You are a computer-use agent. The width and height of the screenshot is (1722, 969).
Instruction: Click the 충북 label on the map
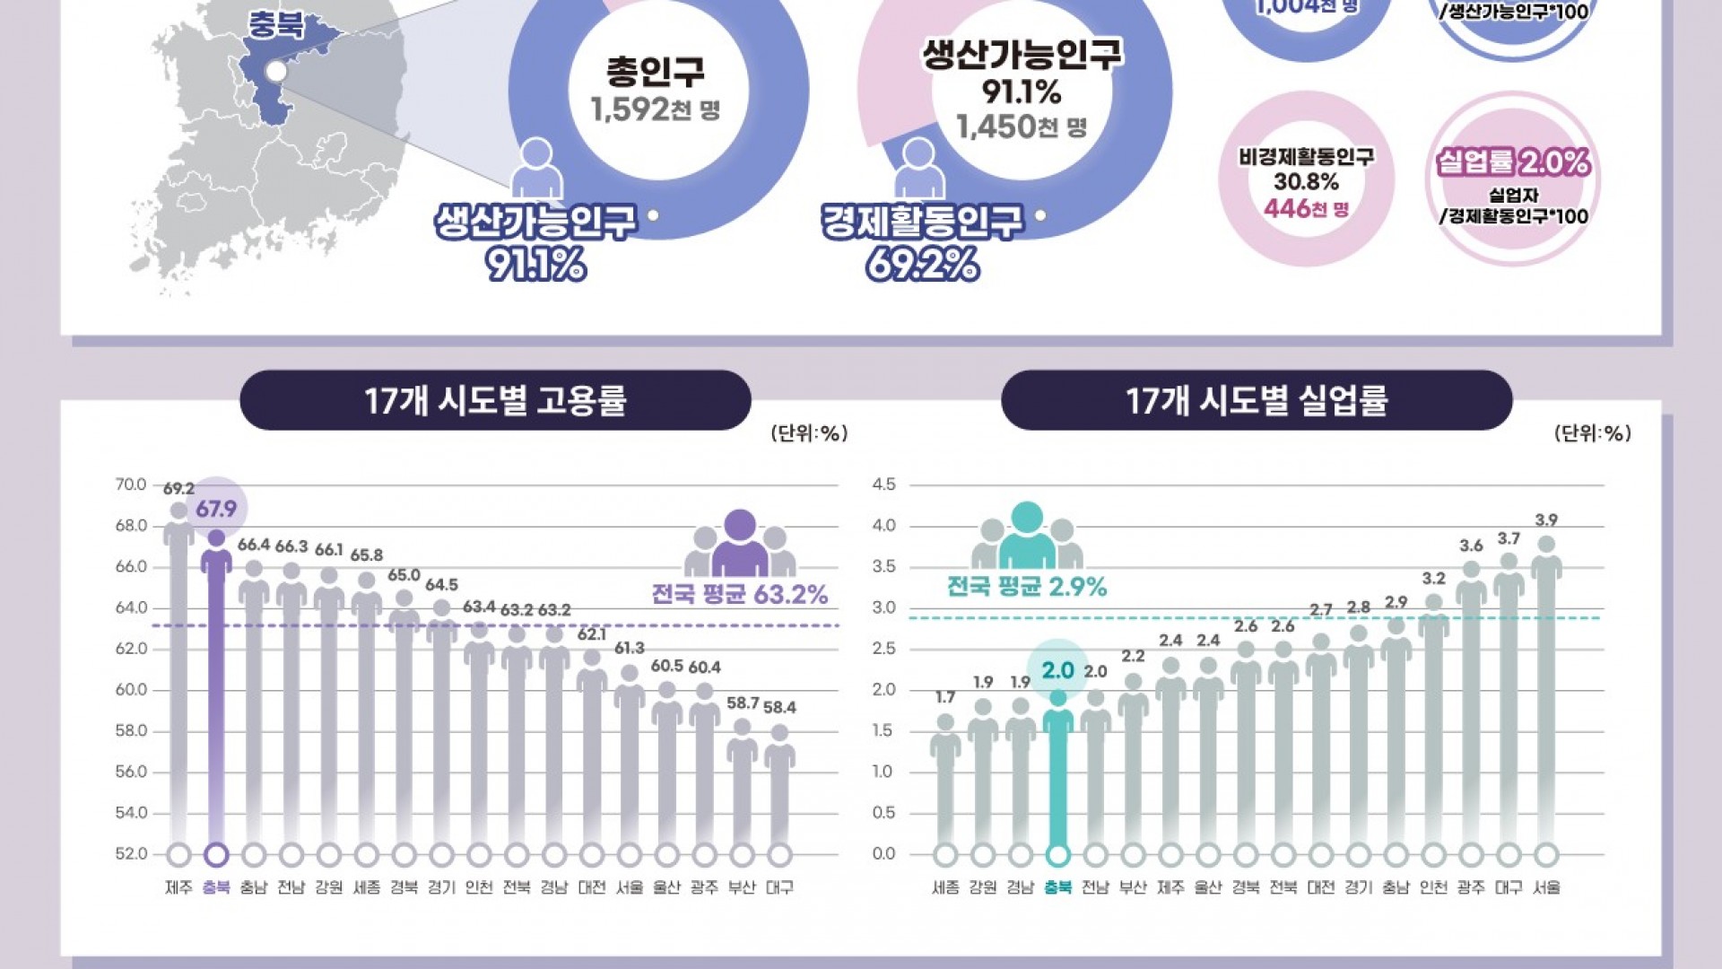[x=276, y=25]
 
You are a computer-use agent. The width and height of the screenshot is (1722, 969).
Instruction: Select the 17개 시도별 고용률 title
[x=495, y=400]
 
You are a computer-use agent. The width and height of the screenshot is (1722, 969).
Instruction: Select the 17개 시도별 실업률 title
[x=1257, y=400]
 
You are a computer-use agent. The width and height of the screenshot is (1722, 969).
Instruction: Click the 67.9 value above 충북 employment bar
[x=216, y=510]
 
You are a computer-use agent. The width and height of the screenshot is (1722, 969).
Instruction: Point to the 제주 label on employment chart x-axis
[x=178, y=887]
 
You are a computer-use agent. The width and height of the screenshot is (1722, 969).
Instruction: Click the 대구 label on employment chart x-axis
[x=779, y=887]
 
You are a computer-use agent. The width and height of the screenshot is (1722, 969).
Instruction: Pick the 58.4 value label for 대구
[x=779, y=707]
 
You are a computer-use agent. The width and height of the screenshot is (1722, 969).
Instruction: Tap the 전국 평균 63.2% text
[x=740, y=595]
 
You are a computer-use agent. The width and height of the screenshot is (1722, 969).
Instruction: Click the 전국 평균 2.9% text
[x=1027, y=587]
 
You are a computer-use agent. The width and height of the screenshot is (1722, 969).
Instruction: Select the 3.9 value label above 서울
[x=1546, y=520]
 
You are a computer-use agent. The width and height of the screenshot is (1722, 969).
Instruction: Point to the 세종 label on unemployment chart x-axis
[x=945, y=887]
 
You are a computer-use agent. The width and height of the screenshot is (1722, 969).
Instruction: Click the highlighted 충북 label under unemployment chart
[x=1058, y=887]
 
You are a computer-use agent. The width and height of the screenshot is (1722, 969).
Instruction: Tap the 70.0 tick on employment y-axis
[x=131, y=484]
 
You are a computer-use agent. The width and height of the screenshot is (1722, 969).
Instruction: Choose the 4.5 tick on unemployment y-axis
[x=883, y=484]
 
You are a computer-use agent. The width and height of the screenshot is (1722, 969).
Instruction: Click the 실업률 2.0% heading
[x=1513, y=162]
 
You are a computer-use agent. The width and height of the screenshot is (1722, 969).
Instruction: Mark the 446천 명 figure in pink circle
[x=1306, y=209]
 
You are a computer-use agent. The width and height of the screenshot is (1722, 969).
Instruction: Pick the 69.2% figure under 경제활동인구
[x=922, y=265]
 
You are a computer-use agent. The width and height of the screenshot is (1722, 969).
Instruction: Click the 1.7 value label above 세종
[x=945, y=697]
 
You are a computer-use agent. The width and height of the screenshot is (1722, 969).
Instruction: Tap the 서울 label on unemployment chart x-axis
[x=1546, y=887]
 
